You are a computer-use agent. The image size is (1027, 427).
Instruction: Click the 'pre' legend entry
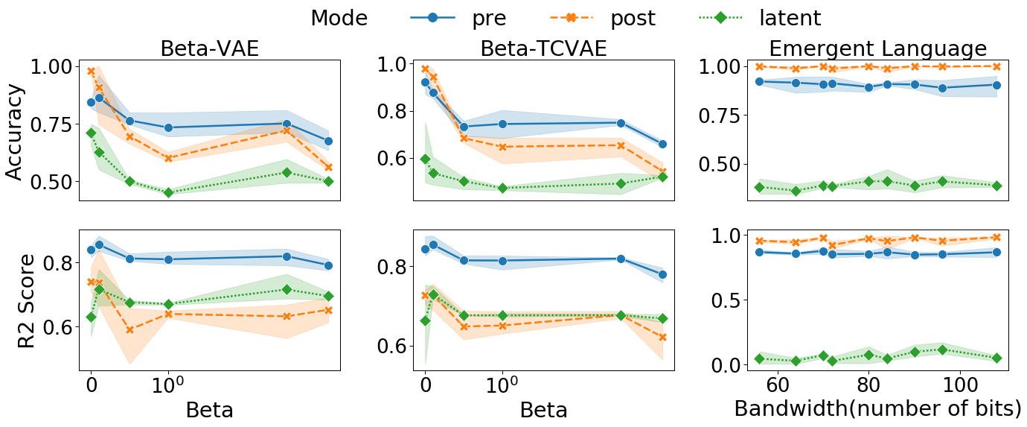(488, 18)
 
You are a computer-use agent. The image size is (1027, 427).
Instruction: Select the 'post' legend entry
(633, 18)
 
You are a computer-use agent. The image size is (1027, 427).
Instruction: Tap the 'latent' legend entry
(790, 18)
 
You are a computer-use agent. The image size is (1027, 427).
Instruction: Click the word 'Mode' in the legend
(339, 18)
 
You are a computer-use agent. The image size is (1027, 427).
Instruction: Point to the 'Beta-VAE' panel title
(209, 48)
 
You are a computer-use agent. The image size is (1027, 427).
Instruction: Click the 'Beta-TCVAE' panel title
(543, 48)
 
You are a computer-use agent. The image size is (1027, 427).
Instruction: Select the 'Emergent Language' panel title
(877, 48)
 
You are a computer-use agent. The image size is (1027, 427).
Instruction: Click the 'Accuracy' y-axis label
(15, 132)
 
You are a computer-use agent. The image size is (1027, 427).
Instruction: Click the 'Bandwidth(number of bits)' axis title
(877, 408)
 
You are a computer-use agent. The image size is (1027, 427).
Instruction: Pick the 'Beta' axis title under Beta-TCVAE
(543, 410)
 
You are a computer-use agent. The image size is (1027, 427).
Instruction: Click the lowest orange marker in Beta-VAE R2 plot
(129, 329)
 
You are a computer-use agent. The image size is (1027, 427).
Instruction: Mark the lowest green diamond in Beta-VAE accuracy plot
(168, 192)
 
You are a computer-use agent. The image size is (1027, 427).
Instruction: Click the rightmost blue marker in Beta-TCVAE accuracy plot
(663, 144)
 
